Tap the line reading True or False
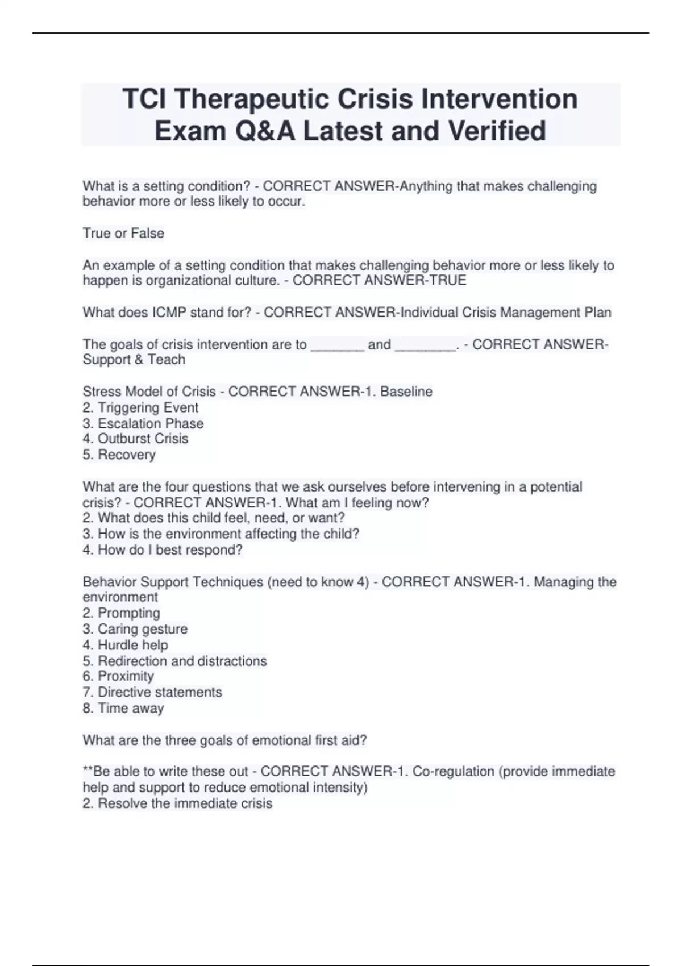click(123, 234)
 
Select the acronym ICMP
click(165, 313)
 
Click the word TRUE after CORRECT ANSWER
click(449, 281)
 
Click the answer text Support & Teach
click(134, 360)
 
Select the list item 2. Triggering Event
click(140, 408)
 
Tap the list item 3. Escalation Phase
click(143, 424)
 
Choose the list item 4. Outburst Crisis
click(135, 439)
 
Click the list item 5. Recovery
click(119, 455)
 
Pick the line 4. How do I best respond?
click(163, 550)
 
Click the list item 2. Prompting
click(121, 613)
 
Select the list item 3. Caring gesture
click(135, 629)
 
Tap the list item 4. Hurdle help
click(125, 645)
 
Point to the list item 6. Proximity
click(118, 676)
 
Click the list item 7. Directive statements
click(152, 692)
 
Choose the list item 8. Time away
click(123, 709)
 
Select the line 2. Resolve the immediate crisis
click(177, 803)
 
